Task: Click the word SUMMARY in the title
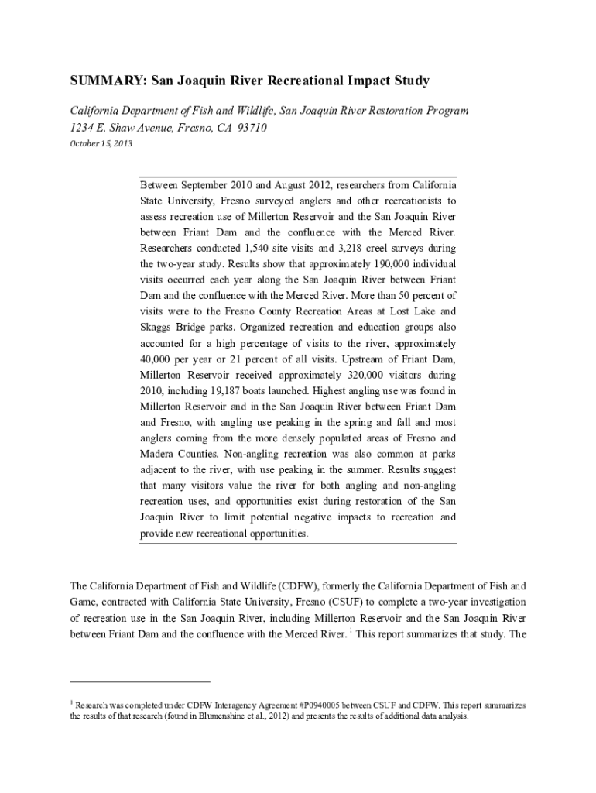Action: click(x=98, y=81)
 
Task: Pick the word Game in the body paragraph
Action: click(x=84, y=602)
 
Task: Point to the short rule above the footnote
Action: click(x=140, y=681)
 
